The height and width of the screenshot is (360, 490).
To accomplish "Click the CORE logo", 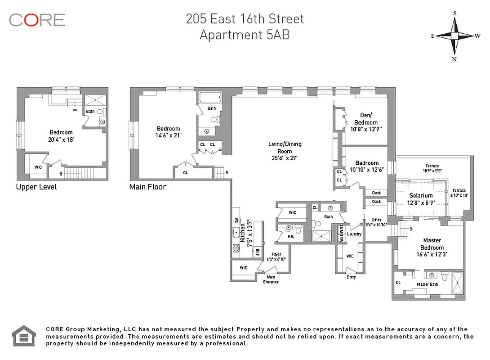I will pyautogui.click(x=37, y=20).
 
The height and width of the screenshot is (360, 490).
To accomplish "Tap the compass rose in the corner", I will pyautogui.click(x=454, y=36).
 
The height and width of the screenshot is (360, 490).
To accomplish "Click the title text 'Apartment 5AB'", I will pyautogui.click(x=245, y=35).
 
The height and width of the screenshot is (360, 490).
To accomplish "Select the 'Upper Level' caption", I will pyautogui.click(x=36, y=187).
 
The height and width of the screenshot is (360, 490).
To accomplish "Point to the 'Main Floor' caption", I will pyautogui.click(x=147, y=187).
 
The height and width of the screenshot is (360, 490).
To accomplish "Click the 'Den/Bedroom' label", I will pyautogui.click(x=365, y=118).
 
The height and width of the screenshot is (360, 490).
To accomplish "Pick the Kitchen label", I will pyautogui.click(x=243, y=233).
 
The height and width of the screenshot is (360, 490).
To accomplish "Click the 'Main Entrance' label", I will pyautogui.click(x=271, y=279).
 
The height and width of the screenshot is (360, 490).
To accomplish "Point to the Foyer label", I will pyautogui.click(x=276, y=254).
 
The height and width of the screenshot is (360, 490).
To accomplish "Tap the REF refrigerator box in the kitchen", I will pyautogui.click(x=258, y=252).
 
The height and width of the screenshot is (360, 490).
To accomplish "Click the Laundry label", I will pyautogui.click(x=354, y=234).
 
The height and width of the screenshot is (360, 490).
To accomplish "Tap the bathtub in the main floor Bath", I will pyautogui.click(x=210, y=97).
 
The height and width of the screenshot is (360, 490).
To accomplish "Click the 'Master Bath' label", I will pyautogui.click(x=424, y=284).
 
